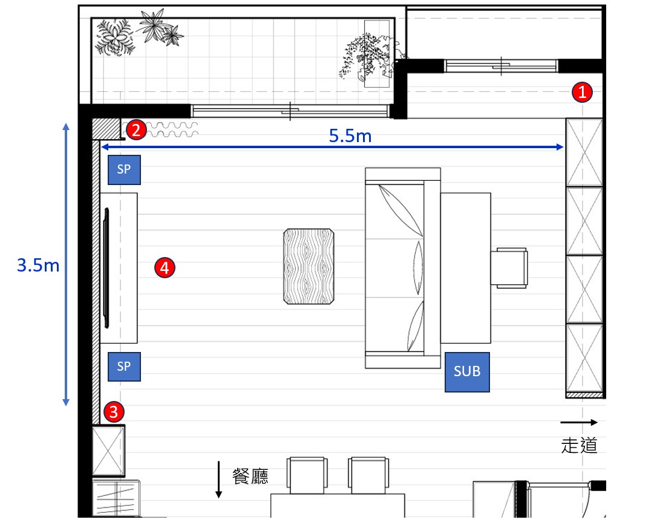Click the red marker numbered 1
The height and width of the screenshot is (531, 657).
[x=582, y=92]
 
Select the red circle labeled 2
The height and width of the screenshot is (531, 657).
[x=136, y=130]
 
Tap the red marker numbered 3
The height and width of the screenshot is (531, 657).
[x=114, y=412]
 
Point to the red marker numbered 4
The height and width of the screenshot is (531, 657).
[x=165, y=267]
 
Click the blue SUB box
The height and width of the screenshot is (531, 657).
[x=467, y=372]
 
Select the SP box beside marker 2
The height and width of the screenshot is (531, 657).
[x=124, y=169]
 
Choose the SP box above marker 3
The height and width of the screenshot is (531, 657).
[x=124, y=366]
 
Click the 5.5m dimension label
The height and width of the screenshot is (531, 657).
[x=350, y=135]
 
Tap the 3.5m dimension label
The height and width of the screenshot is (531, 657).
[x=38, y=265]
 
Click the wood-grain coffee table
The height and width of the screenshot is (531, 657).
[x=309, y=266]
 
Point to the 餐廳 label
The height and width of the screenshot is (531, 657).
[x=250, y=476]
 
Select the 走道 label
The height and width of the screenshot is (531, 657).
[x=579, y=445]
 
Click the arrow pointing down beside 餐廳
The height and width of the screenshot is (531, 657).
[x=218, y=480]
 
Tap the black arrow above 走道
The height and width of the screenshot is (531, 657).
[x=579, y=422]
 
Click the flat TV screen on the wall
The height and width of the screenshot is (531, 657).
[x=106, y=267]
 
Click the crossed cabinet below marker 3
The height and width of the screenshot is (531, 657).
[x=108, y=451]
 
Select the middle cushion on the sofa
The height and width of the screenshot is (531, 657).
[x=418, y=268]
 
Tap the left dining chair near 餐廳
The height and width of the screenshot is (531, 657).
[x=307, y=475]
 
